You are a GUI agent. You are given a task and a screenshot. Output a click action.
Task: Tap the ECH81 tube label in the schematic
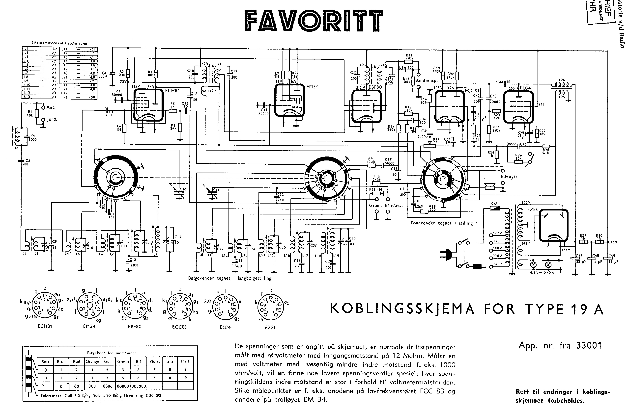click(172, 91)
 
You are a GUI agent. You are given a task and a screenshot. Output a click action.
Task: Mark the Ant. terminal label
click(51, 107)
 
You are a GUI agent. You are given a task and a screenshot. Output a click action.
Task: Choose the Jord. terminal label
click(52, 119)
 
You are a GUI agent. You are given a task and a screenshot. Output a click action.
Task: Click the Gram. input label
click(375, 206)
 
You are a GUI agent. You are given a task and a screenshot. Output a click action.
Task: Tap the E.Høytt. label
click(510, 177)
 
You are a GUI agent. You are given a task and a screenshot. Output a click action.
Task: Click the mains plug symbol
click(448, 254)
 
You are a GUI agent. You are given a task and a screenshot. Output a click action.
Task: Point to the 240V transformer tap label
click(497, 264)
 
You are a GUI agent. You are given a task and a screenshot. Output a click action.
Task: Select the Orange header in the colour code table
click(92, 362)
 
